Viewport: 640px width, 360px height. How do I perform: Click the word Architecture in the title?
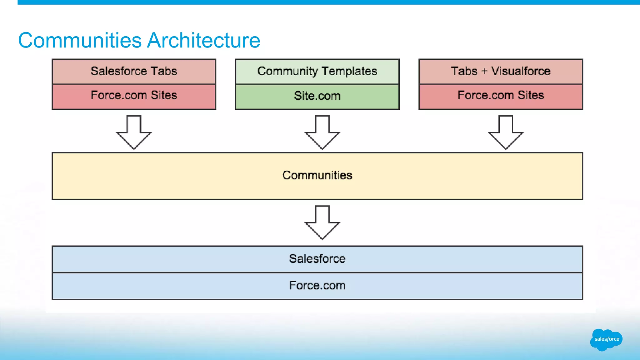(203, 40)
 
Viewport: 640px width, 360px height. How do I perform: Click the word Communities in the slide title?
(80, 40)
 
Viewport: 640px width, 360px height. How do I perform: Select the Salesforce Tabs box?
(134, 71)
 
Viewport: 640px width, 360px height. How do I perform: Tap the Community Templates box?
(317, 71)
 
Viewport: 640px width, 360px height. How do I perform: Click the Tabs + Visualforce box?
(501, 71)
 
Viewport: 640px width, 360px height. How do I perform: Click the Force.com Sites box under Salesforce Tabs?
(134, 96)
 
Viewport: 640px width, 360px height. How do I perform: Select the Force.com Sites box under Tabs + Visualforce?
(501, 96)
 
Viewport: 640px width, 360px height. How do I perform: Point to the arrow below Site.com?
(322, 133)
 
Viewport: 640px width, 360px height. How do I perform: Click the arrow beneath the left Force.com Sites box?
(134, 133)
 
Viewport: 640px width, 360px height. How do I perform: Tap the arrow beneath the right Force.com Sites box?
(506, 133)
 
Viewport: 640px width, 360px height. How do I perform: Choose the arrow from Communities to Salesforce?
(322, 223)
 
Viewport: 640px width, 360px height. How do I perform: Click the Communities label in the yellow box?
(317, 175)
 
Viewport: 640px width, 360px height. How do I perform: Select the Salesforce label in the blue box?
(317, 259)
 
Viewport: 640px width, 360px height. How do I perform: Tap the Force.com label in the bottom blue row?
(317, 286)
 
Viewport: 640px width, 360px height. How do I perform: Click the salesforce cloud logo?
(606, 339)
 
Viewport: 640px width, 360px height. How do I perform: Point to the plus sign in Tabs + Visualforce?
(484, 71)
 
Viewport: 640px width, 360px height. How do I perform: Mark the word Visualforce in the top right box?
(521, 71)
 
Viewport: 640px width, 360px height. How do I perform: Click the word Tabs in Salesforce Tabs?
(164, 71)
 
